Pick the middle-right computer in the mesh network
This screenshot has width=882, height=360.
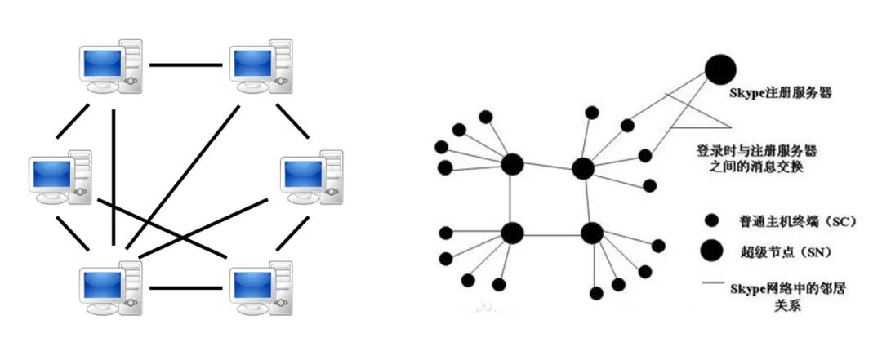(x=312, y=178)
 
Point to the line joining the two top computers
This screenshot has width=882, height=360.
(x=187, y=64)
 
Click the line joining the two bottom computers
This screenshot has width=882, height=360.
(x=187, y=287)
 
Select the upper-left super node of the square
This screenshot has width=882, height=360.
(x=512, y=164)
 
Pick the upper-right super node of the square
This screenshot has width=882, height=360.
(x=582, y=169)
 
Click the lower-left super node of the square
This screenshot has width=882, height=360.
(x=512, y=233)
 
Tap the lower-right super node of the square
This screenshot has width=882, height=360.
(x=591, y=233)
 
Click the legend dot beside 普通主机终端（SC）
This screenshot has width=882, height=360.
(x=711, y=220)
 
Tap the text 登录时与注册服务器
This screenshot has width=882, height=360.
(x=756, y=152)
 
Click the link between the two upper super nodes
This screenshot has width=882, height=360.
(x=547, y=167)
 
